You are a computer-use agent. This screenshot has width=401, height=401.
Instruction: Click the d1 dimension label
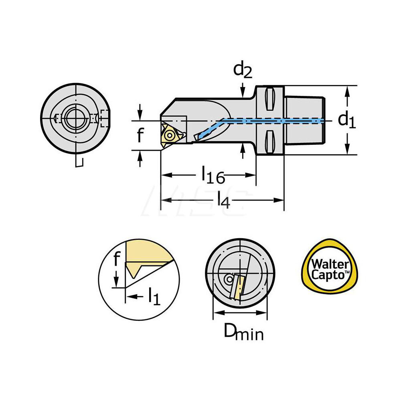pyautogui.click(x=346, y=119)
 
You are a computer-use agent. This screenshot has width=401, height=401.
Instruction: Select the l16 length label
pyautogui.click(x=213, y=175)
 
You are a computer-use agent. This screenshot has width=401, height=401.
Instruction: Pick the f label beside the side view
pyautogui.click(x=139, y=136)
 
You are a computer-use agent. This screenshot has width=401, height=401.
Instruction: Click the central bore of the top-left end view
pyautogui.click(x=76, y=119)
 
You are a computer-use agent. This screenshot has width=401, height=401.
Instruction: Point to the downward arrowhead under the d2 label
pyautogui.click(x=243, y=93)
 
